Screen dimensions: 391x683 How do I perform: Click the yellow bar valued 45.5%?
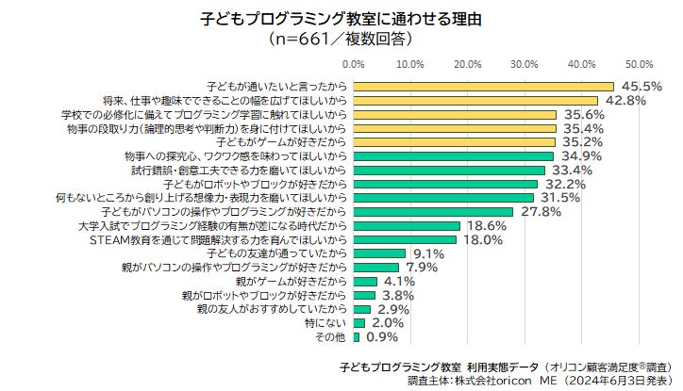(x=483, y=86)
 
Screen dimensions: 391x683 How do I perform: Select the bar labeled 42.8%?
(x=475, y=100)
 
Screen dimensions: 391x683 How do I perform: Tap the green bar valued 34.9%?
(x=454, y=155)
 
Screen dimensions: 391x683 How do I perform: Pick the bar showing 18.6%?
(x=407, y=226)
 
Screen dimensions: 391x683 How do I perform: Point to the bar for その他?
(x=357, y=336)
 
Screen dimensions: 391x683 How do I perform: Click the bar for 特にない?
(x=359, y=322)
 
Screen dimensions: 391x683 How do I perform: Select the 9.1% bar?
(x=379, y=253)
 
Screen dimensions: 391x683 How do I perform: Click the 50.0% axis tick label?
(x=640, y=64)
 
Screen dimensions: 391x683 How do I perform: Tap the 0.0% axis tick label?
(x=354, y=64)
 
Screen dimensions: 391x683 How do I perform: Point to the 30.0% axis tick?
(x=525, y=64)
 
